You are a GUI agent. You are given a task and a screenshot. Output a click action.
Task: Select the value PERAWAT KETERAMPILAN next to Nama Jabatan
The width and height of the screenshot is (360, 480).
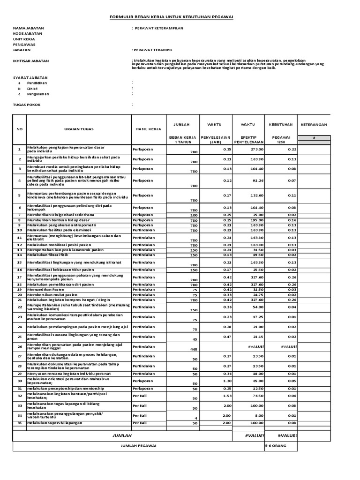point(159,28)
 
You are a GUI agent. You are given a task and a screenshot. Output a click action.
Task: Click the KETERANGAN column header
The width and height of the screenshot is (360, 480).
point(314,125)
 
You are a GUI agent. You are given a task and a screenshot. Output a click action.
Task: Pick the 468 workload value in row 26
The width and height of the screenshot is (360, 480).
point(180,349)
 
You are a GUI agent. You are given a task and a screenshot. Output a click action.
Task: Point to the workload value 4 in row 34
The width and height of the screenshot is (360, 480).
point(183,418)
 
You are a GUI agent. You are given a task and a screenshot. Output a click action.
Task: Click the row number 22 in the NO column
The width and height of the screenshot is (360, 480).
point(20,307)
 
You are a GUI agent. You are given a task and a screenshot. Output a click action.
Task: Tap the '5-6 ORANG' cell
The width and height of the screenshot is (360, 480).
point(276,446)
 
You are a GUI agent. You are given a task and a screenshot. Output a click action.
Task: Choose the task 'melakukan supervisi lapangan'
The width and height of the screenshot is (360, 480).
point(54,423)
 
